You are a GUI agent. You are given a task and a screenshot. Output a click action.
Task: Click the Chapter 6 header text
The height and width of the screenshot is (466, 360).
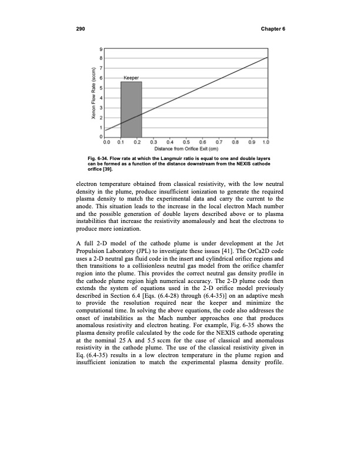[x=269, y=29]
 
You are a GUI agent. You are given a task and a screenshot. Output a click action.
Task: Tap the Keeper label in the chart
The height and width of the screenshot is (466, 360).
[x=131, y=78]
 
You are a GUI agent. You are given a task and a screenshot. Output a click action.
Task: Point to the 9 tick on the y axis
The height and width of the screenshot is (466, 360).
[x=101, y=48]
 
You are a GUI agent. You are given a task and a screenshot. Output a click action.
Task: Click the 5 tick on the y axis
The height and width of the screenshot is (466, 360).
[x=101, y=88]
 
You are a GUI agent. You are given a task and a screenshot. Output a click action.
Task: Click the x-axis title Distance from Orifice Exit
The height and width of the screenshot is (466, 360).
[x=186, y=148]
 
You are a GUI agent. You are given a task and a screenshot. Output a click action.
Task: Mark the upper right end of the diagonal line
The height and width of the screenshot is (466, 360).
[x=268, y=58]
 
